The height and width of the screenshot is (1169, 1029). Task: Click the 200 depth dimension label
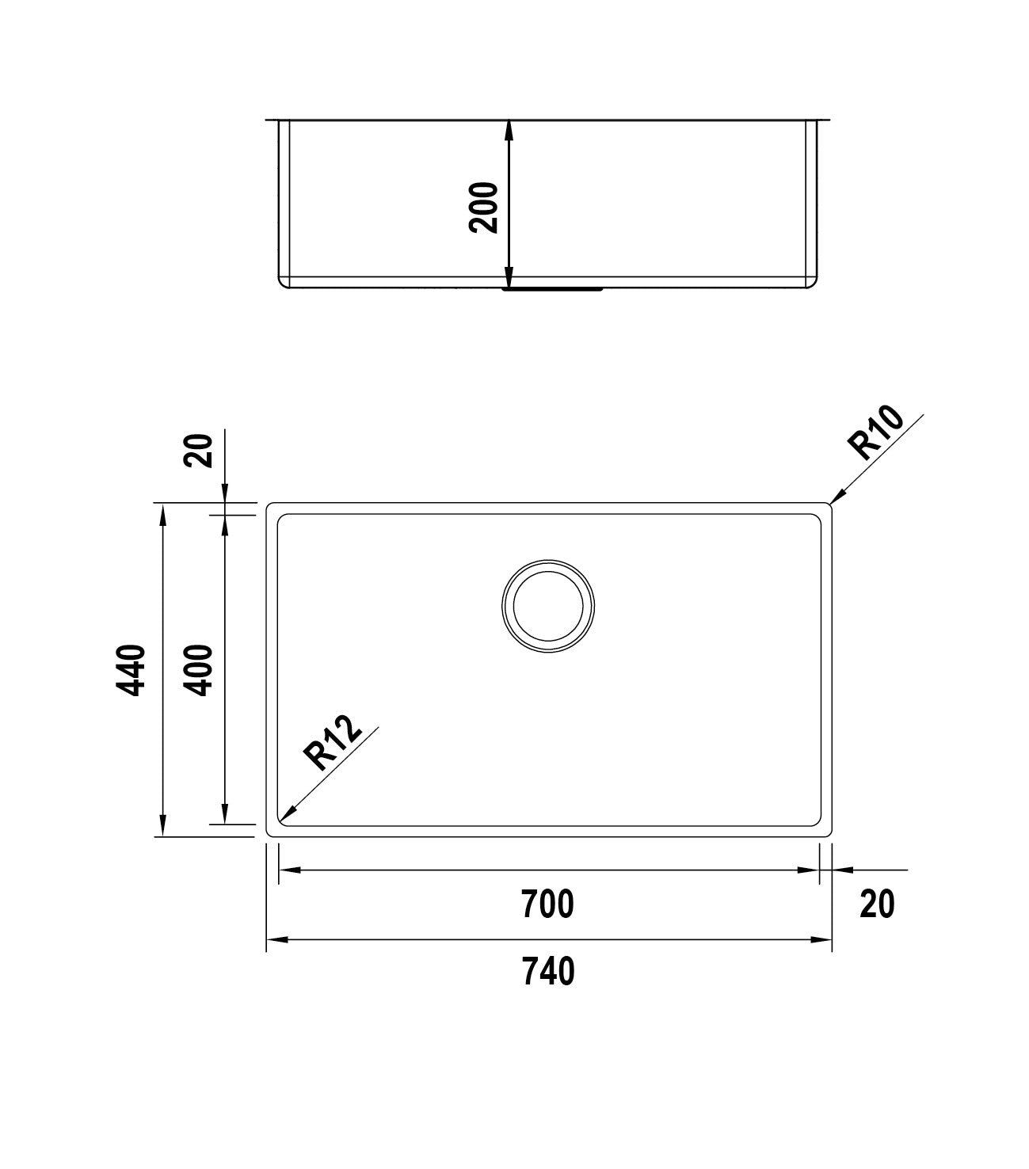[x=483, y=207]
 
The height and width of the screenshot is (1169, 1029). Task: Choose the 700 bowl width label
[x=547, y=904]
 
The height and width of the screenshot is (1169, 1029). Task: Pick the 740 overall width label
[x=547, y=971]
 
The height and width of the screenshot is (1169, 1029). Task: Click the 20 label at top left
[x=200, y=451]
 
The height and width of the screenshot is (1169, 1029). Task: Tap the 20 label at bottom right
[x=877, y=904]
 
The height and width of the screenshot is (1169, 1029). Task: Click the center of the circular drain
[x=548, y=607]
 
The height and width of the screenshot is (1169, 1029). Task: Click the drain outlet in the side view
[x=553, y=290]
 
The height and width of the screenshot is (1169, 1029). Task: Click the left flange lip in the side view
[x=272, y=121]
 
